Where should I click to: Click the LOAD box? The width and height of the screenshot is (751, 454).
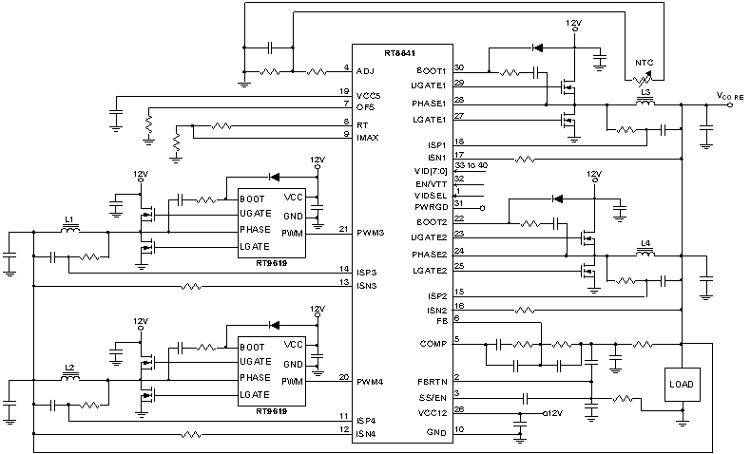(x=681, y=385)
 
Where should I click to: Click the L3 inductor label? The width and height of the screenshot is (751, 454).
(x=647, y=92)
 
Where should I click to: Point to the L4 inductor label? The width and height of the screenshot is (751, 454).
(x=646, y=244)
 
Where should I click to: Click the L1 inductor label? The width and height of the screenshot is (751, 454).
(x=68, y=219)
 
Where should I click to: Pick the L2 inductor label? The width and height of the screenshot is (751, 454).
(x=68, y=367)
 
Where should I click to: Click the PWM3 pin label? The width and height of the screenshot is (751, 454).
(x=371, y=233)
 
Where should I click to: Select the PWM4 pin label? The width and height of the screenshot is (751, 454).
(x=371, y=381)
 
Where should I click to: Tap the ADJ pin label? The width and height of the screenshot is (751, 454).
(x=365, y=71)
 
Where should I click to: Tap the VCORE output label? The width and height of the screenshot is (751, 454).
(x=729, y=97)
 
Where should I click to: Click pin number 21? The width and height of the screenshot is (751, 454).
(x=343, y=229)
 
